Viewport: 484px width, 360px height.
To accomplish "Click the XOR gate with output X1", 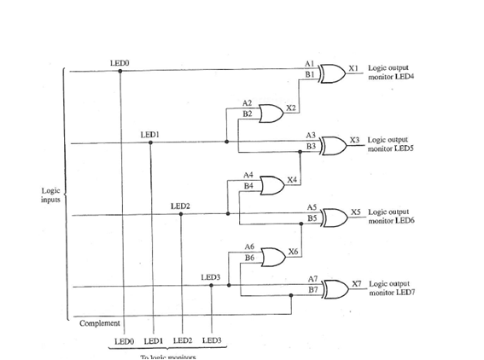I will point(332,74).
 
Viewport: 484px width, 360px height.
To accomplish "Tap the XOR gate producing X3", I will point(332,146).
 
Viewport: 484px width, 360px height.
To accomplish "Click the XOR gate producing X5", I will point(332,218).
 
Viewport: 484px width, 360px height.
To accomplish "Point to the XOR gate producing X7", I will point(332,289).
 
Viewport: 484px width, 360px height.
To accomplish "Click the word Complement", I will point(99,322).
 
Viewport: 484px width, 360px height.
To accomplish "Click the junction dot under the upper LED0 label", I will point(120,72).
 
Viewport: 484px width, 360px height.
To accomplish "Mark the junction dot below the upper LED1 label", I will point(151,143).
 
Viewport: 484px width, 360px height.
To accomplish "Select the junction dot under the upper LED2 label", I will point(182,215).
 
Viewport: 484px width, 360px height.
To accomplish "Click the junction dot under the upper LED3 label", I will point(212,287).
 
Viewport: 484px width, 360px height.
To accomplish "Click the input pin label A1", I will point(310,65).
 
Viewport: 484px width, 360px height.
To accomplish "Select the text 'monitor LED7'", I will point(390,292).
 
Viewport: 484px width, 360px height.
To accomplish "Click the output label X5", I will point(357,211).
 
